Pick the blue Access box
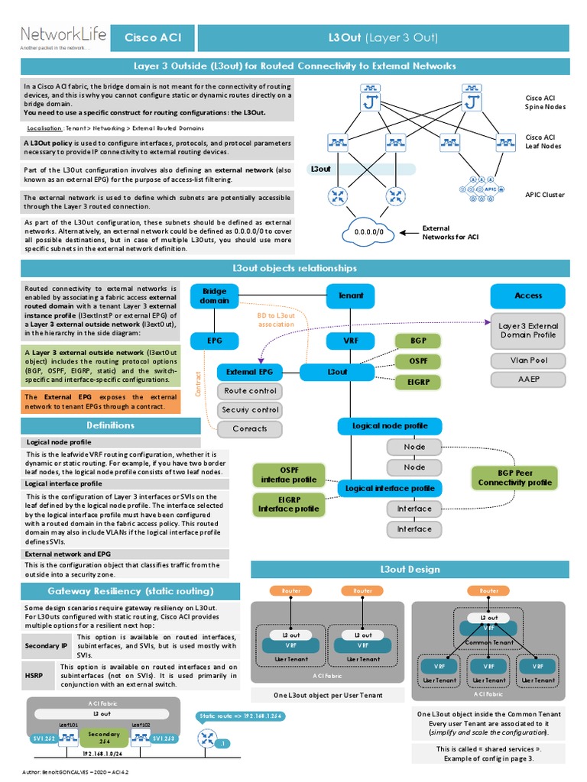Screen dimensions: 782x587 click(x=527, y=296)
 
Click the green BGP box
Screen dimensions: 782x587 click(x=418, y=340)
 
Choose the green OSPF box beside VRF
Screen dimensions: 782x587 click(x=418, y=360)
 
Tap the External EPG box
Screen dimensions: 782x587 click(x=249, y=372)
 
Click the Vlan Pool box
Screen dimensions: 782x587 click(x=527, y=360)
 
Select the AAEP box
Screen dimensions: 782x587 click(x=527, y=380)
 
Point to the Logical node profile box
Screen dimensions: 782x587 click(x=389, y=425)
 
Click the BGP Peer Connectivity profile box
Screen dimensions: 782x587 click(x=514, y=477)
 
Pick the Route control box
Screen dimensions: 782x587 click(x=249, y=391)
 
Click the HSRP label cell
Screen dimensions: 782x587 click(x=37, y=675)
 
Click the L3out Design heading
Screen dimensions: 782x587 click(x=410, y=570)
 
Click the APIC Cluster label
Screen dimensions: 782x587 click(x=544, y=195)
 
